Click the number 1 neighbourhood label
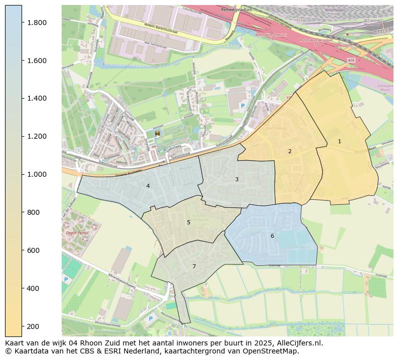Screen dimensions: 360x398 coord(339,142)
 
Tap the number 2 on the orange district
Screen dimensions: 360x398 coord(290,151)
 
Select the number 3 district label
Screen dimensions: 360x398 coord(237,179)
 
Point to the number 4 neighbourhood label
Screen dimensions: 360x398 coord(148,186)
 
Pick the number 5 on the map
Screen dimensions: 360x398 coord(188,222)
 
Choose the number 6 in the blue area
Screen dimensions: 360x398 coord(272,236)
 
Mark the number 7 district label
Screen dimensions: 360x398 coord(194,266)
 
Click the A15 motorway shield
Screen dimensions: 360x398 coord(350,60)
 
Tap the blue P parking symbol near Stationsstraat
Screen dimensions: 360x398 coord(243,106)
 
